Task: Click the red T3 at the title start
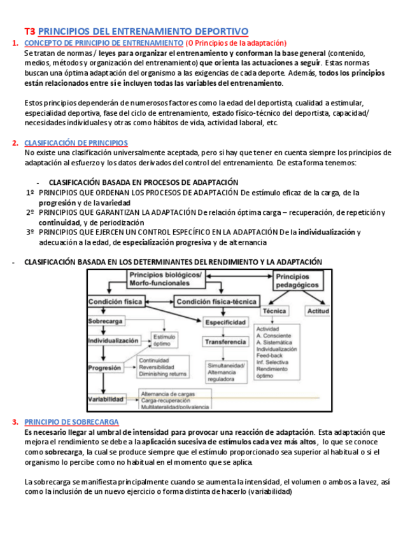point(29,31)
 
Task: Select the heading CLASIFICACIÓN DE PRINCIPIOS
point(76,143)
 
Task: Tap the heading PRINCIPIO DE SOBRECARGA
point(71,422)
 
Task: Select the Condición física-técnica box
point(216,302)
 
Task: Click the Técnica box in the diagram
point(274,311)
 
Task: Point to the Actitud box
point(318,311)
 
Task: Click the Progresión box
point(105,368)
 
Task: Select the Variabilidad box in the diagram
point(106,399)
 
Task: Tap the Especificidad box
point(225,323)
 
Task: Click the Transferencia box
point(225,342)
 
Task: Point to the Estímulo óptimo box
point(162,340)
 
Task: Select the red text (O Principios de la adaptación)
point(236,43)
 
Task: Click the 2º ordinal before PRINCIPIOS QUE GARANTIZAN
point(30,212)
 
